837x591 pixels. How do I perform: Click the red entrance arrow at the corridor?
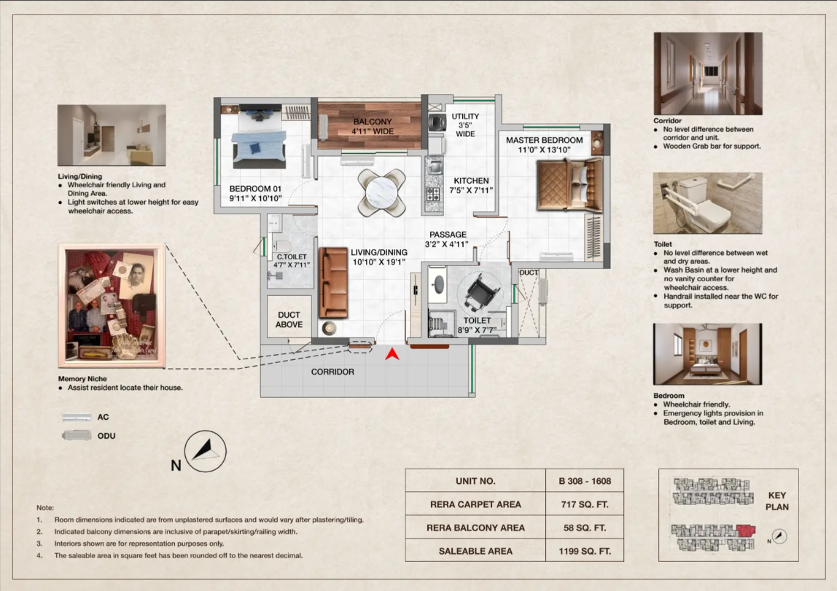[392, 355]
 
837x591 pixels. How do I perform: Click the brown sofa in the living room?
[333, 283]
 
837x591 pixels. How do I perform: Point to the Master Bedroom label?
[544, 145]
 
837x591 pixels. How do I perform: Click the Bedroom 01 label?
[255, 194]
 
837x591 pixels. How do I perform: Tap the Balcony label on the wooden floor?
[372, 126]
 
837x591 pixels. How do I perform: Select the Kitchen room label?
[471, 185]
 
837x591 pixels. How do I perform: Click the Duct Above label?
[289, 319]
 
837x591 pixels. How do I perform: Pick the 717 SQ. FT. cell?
[585, 504]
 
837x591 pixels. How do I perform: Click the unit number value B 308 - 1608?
[585, 481]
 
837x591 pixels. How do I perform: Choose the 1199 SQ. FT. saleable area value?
[585, 551]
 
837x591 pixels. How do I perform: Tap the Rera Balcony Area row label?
[475, 528]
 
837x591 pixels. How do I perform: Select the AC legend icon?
[77, 418]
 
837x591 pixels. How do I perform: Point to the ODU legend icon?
[77, 436]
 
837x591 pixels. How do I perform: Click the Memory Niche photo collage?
[112, 305]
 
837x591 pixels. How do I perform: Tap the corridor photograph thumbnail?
[708, 74]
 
